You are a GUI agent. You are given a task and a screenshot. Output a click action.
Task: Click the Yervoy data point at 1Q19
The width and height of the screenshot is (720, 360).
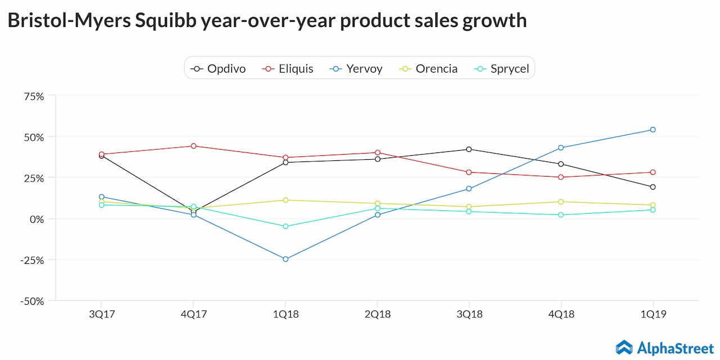pyautogui.click(x=652, y=129)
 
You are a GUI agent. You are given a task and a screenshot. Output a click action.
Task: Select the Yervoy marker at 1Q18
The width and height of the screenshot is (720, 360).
pyautogui.click(x=285, y=259)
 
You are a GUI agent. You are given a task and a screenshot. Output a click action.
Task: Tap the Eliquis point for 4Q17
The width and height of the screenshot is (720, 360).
pyautogui.click(x=193, y=146)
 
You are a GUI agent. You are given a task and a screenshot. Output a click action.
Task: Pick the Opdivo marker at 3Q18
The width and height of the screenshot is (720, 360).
pyautogui.click(x=469, y=149)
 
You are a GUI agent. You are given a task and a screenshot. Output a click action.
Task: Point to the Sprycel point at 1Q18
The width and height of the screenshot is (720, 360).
pyautogui.click(x=285, y=226)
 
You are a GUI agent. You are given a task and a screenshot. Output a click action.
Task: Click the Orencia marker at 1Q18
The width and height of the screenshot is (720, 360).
pyautogui.click(x=285, y=200)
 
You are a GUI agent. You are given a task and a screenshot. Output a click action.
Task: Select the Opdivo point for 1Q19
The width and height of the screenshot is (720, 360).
pyautogui.click(x=652, y=187)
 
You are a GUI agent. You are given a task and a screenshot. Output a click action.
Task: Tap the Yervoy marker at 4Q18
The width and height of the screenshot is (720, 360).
pyautogui.click(x=561, y=147)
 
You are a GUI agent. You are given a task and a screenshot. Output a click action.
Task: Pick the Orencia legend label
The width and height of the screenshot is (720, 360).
pyautogui.click(x=436, y=69)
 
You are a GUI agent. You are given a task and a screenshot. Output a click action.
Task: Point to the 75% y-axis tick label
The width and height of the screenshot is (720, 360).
pyautogui.click(x=33, y=96)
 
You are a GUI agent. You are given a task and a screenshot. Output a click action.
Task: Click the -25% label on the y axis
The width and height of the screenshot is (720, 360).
pyautogui.click(x=31, y=260)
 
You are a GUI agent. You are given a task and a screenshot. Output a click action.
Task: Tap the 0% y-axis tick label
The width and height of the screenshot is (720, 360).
pyautogui.click(x=36, y=219)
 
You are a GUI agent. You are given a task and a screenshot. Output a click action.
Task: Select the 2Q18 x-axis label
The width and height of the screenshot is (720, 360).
pyautogui.click(x=377, y=314)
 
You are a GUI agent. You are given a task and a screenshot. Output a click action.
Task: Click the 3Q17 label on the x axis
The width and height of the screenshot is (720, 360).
pyautogui.click(x=102, y=314)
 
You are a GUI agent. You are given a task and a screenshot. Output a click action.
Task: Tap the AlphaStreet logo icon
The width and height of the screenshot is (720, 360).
pyautogui.click(x=624, y=347)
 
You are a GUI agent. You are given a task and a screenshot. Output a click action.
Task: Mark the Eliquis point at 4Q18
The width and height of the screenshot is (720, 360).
pyautogui.click(x=561, y=177)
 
